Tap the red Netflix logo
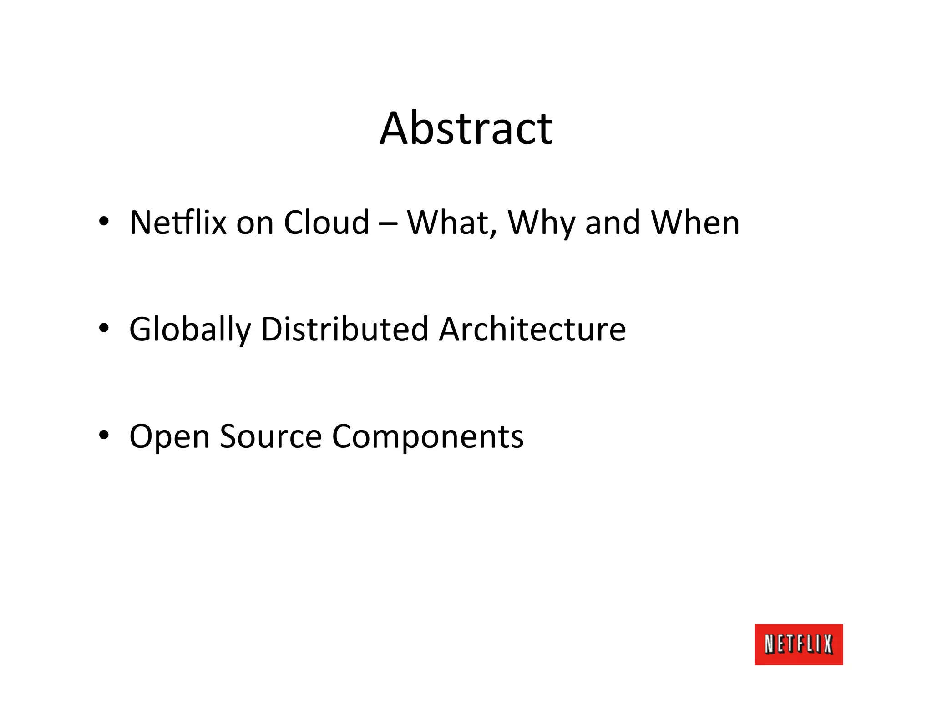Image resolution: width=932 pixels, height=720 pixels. pos(798,644)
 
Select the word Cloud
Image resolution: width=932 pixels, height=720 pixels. pos(326,223)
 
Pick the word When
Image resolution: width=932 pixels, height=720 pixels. pos(695,223)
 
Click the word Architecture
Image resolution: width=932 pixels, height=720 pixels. pos(532,329)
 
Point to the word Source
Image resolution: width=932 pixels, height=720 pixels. pos(271,436)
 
